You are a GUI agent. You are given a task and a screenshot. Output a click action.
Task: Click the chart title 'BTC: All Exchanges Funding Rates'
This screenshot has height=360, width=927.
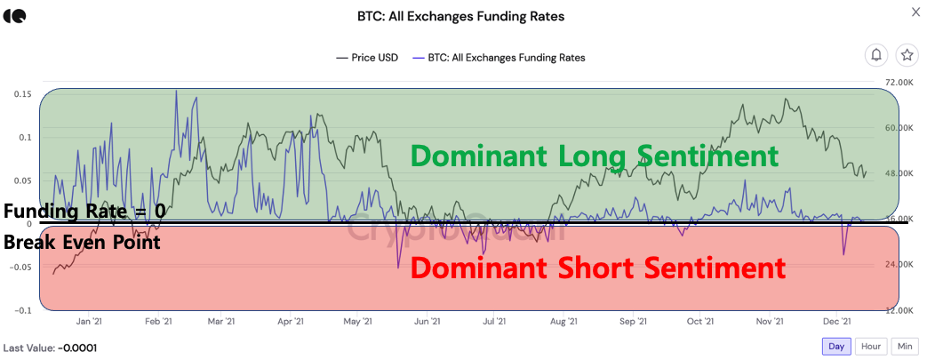pyautogui.click(x=462, y=16)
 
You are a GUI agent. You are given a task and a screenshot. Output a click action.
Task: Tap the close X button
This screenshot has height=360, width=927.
pyautogui.click(x=915, y=12)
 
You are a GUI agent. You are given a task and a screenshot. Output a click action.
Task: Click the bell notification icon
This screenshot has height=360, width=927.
pyautogui.click(x=876, y=55)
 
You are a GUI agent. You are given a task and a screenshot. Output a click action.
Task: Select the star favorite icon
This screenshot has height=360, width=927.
pyautogui.click(x=907, y=55)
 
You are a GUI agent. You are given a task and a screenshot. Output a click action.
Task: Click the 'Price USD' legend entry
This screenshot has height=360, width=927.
pyautogui.click(x=368, y=58)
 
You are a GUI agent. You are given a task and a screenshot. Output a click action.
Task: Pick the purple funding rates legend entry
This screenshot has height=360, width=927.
pyautogui.click(x=499, y=58)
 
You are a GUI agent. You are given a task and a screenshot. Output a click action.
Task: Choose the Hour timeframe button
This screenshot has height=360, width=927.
pyautogui.click(x=871, y=346)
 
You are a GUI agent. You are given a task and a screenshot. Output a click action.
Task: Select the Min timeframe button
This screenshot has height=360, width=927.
pyautogui.click(x=904, y=346)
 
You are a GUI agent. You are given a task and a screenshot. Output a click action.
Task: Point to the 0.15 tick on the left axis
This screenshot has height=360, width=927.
pyautogui.click(x=23, y=94)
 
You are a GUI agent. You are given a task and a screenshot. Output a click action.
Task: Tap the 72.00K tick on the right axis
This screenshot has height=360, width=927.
pyautogui.click(x=900, y=82)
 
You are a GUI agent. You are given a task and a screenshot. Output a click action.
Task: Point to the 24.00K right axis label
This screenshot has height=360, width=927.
pyautogui.click(x=900, y=265)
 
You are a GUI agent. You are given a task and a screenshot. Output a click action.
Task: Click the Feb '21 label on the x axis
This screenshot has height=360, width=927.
pyautogui.click(x=157, y=322)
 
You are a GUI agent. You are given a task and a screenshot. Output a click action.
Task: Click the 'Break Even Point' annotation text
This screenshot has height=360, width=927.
pyautogui.click(x=82, y=242)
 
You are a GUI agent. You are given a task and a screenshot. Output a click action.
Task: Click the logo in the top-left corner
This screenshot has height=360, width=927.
pyautogui.click(x=15, y=16)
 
